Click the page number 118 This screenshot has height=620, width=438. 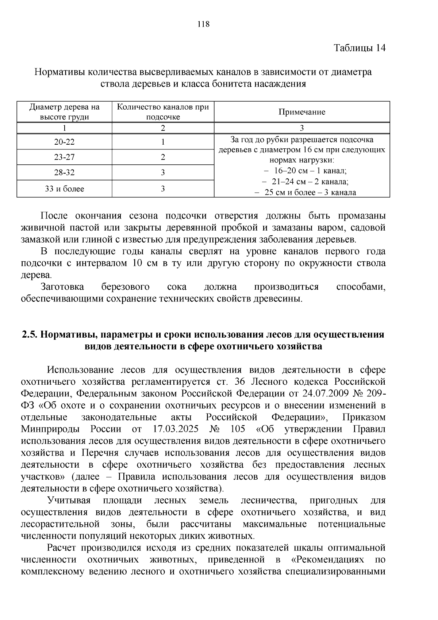[x=203, y=24]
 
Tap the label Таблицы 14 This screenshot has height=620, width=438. [x=360, y=48]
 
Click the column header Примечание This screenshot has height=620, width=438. [x=301, y=112]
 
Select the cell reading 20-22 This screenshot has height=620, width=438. [x=64, y=142]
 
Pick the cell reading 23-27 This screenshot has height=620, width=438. [x=64, y=157]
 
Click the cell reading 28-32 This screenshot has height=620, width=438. [x=64, y=172]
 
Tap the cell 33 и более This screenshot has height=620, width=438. [x=64, y=189]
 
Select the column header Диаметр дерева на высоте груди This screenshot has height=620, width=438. [x=64, y=112]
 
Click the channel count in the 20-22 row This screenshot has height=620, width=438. [x=163, y=142]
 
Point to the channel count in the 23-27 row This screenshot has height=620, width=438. [x=163, y=157]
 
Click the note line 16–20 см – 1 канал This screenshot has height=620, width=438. [x=305, y=171]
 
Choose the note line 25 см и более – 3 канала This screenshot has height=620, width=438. [x=305, y=193]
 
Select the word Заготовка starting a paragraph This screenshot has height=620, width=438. [x=62, y=287]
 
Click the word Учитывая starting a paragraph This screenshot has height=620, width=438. [x=69, y=500]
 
